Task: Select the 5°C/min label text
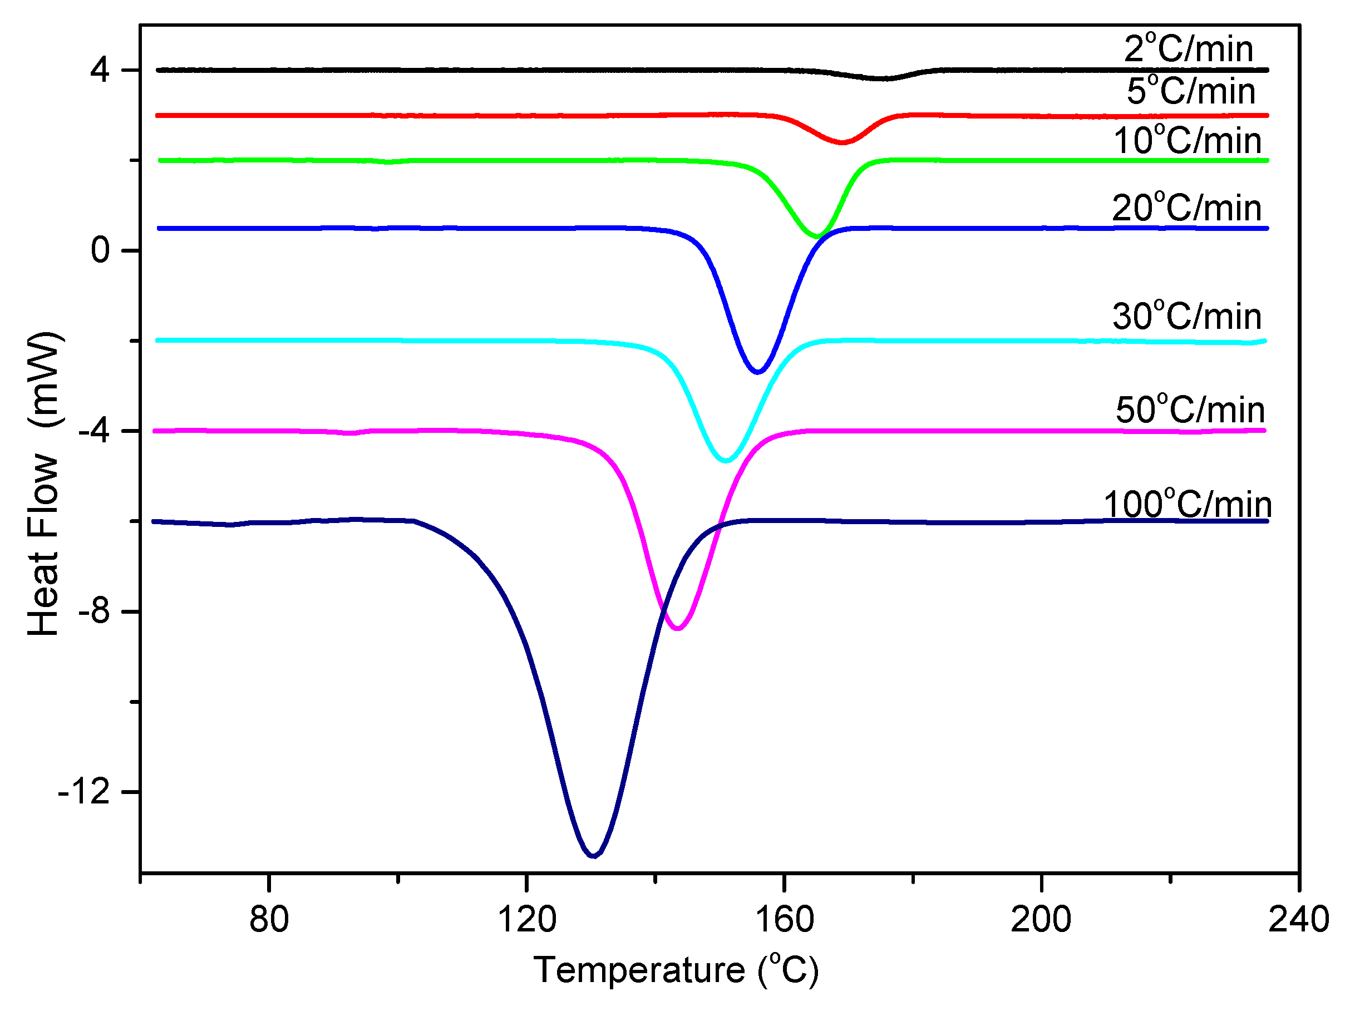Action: [x=1190, y=92]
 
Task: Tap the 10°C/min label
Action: [x=1187, y=141]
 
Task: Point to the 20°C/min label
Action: [x=1186, y=209]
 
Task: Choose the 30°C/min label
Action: [x=1186, y=317]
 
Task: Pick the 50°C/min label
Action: [x=1190, y=411]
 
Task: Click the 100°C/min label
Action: [x=1188, y=505]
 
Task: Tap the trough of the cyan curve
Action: [x=726, y=461]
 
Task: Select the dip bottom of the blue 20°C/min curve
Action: [x=757, y=372]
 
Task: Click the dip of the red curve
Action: [x=842, y=143]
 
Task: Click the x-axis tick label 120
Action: [x=526, y=919]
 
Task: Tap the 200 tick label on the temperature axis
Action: [x=1041, y=919]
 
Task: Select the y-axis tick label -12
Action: [x=83, y=792]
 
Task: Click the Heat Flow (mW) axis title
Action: [x=44, y=484]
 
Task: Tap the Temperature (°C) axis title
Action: [x=676, y=970]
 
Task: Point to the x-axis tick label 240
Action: [x=1298, y=919]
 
